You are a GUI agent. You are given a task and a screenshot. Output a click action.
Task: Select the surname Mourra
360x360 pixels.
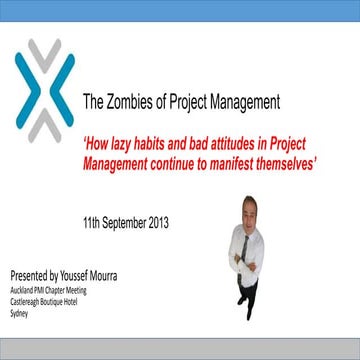coord(121,273)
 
